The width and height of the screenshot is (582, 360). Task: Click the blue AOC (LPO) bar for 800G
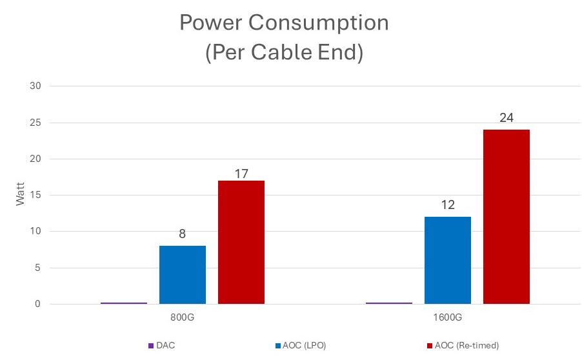[183, 275]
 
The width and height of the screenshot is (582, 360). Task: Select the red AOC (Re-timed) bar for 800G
[241, 242]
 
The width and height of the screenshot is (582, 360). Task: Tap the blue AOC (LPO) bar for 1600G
[448, 260]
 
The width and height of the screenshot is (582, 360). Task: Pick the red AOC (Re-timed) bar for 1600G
[507, 217]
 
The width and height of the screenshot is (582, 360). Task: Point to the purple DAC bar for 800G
[124, 303]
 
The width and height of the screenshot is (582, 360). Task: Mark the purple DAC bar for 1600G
[389, 303]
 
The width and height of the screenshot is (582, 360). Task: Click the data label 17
[241, 173]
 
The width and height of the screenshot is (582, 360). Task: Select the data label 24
[507, 118]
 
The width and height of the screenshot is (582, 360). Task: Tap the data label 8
[183, 234]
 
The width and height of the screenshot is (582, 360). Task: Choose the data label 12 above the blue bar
[448, 205]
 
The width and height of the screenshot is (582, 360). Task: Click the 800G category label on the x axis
[183, 319]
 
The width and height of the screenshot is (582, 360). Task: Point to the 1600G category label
[448, 319]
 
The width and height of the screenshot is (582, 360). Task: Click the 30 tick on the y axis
[35, 86]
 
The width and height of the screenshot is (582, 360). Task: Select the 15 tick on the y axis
[35, 195]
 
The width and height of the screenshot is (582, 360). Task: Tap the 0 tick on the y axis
[38, 304]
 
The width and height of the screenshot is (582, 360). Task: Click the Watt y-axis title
[21, 195]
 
